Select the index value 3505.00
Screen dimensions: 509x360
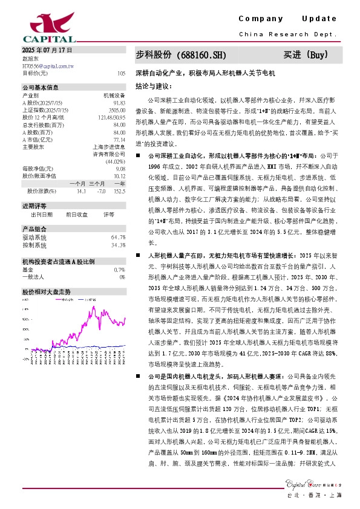117,110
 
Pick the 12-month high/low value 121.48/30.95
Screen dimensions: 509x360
112,117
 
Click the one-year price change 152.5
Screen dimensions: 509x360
119,191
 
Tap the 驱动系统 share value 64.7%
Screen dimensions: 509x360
118,237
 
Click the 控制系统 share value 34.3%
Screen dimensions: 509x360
118,245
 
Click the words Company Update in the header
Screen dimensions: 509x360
287,19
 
